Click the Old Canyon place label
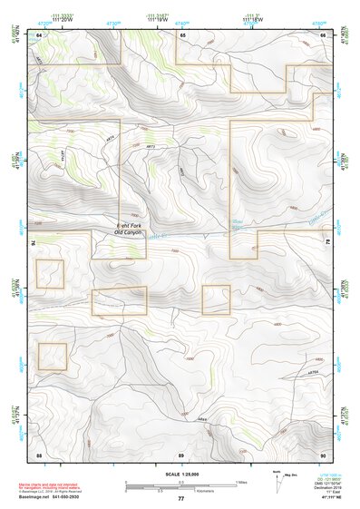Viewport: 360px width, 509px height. coord(130,234)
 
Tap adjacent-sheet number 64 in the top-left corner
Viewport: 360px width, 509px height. coord(39,34)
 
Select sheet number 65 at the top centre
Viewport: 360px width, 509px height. coord(182,34)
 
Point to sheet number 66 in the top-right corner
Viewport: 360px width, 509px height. coord(323,34)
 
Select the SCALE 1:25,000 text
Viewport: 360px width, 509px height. coord(181,474)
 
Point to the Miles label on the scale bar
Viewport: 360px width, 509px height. coord(241,481)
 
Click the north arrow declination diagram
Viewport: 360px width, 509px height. coord(277,481)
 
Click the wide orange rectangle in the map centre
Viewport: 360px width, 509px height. coord(119,300)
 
